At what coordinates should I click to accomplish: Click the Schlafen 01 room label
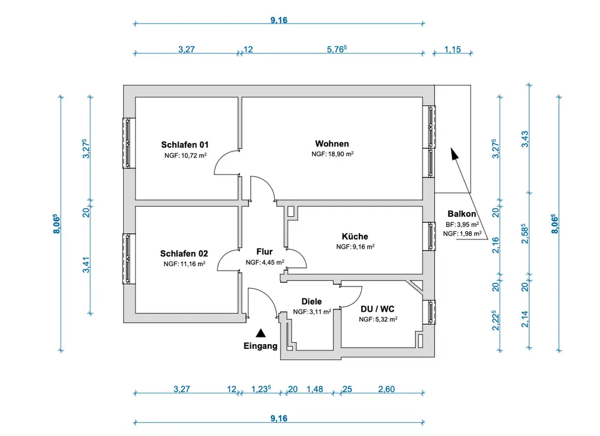185,145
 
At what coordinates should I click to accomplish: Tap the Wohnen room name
332,144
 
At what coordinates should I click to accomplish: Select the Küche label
355,237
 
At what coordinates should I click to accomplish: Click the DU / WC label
378,309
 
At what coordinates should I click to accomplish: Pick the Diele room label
312,301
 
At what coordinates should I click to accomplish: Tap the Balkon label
462,214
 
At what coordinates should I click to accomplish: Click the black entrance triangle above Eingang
260,332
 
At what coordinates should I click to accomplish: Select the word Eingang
260,346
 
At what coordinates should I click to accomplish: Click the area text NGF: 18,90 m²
332,154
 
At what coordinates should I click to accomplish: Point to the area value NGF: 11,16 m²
185,264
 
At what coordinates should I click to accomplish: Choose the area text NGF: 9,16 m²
355,247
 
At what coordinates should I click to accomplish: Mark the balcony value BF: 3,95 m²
463,224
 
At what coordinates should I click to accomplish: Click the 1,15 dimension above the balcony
452,50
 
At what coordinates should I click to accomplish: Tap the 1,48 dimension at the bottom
314,389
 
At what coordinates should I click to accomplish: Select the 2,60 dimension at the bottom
386,389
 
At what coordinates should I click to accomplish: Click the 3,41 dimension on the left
86,264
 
